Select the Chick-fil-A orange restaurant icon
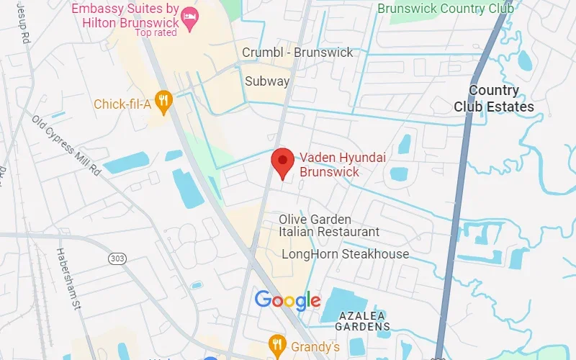coord(164,103)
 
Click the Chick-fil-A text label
coord(122,105)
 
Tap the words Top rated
coord(156,32)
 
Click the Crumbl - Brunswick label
coord(297,53)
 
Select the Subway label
coord(267,81)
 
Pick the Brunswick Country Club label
coord(446,9)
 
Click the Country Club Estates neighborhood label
coord(494,99)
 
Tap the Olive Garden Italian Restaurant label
coord(328,225)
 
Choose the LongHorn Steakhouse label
coord(345,254)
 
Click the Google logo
coord(287,300)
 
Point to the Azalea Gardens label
coord(362,321)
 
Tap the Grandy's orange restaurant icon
coord(275,343)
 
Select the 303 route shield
coord(117,258)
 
